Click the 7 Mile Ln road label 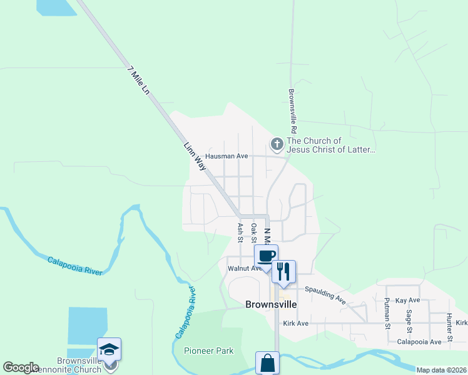pos(138,80)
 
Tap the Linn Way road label pos(195,157)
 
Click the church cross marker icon pos(277,145)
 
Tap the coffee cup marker pos(266,256)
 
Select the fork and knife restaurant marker pos(283,271)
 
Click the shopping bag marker pos(267,363)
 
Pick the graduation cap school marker pos(109,349)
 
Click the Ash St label pos(240,232)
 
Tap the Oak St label pos(253,232)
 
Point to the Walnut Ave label pos(245,268)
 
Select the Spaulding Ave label pos(325,294)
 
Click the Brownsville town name pos(269,305)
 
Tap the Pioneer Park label pos(208,351)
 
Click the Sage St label pos(409,322)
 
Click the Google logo pos(21,367)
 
